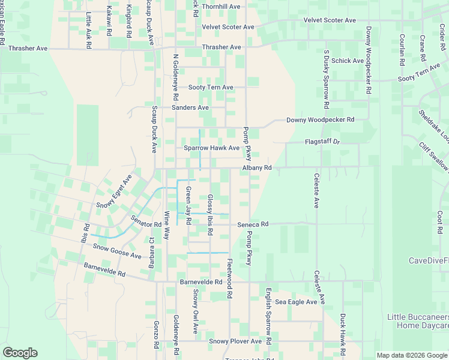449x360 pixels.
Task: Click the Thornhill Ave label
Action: pyautogui.click(x=221, y=7)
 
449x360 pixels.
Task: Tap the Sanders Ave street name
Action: pyautogui.click(x=190, y=108)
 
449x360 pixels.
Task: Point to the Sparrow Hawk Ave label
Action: pyautogui.click(x=211, y=148)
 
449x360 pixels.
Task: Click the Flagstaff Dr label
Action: pyautogui.click(x=322, y=142)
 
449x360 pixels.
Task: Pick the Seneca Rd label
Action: pyautogui.click(x=252, y=224)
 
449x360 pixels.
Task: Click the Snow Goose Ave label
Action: pyautogui.click(x=117, y=251)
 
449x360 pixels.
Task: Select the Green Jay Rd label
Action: pyautogui.click(x=188, y=206)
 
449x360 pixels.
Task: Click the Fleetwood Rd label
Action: pyautogui.click(x=229, y=279)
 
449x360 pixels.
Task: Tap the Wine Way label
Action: pyautogui.click(x=167, y=225)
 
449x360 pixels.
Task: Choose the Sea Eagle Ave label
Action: pyautogui.click(x=296, y=302)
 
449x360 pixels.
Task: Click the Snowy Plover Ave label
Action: pyautogui.click(x=235, y=341)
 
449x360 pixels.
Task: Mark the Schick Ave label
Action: pyautogui.click(x=348, y=61)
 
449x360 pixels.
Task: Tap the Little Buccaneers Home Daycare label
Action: pyautogui.click(x=418, y=321)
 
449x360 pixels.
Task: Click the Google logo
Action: pyautogui.click(x=20, y=353)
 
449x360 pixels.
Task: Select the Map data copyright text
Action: pyautogui.click(x=412, y=355)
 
